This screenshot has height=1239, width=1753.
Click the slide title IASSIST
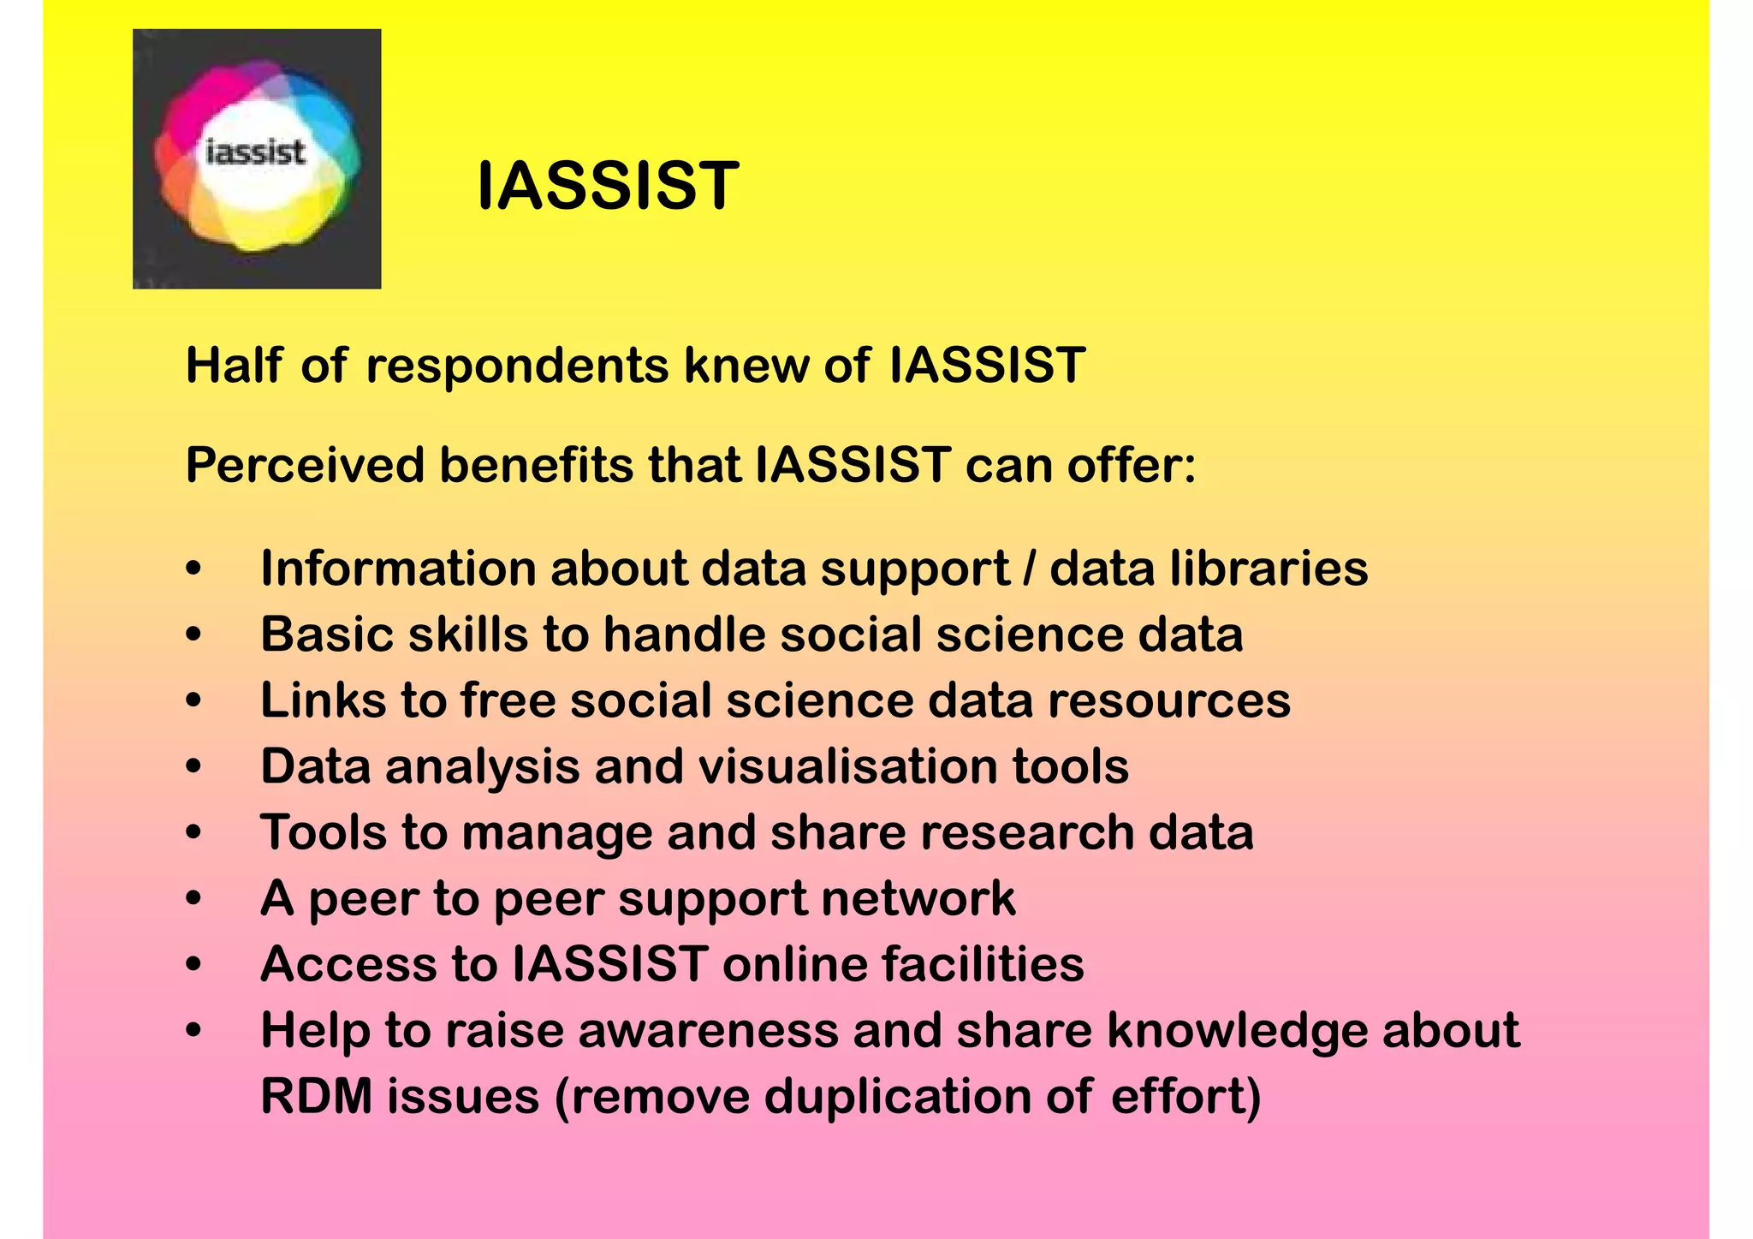[607, 186]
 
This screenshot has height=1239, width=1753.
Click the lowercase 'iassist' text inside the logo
[256, 153]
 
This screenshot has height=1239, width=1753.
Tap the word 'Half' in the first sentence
[233, 366]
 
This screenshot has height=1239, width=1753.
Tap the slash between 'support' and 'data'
[1029, 569]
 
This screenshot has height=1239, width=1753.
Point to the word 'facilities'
[983, 964]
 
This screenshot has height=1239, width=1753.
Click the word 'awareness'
[708, 1030]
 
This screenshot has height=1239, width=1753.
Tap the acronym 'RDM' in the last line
[316, 1096]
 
